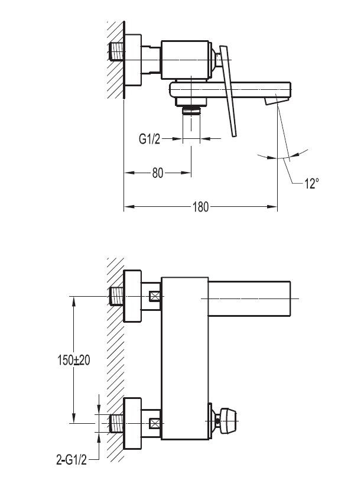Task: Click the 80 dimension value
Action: (157, 173)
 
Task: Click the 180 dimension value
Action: (200, 207)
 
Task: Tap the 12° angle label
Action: (312, 184)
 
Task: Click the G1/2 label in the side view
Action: (151, 139)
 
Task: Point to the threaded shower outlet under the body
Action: (191, 109)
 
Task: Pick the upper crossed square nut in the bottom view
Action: (156, 296)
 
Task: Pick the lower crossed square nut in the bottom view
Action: (156, 423)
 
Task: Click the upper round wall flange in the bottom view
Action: (133, 296)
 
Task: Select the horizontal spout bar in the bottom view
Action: (251, 299)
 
